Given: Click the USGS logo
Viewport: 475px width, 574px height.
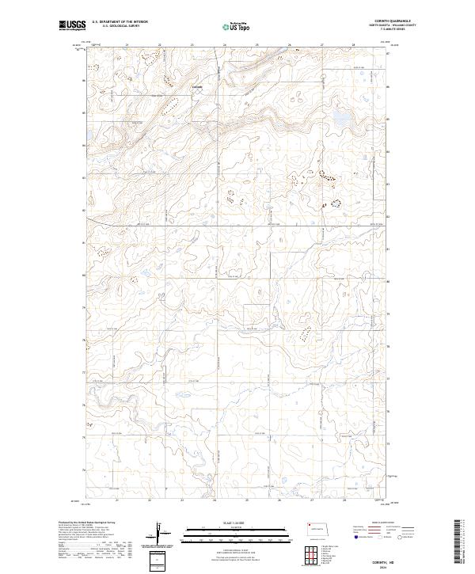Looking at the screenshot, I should (x=73, y=26).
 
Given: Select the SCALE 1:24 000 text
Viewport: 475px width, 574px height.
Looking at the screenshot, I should (x=237, y=522).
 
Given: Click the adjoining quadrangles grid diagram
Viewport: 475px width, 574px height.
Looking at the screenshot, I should (x=309, y=556).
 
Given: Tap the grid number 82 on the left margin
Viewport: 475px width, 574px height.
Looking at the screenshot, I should (x=85, y=211).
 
